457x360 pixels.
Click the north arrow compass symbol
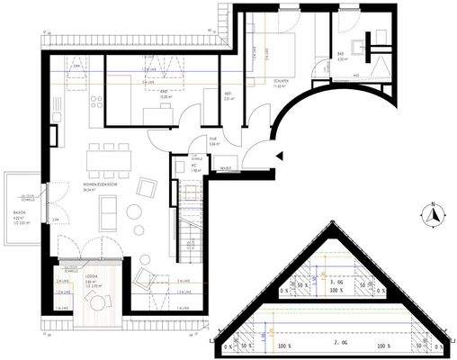432,216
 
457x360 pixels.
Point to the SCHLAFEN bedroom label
279,78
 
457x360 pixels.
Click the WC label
194,164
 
